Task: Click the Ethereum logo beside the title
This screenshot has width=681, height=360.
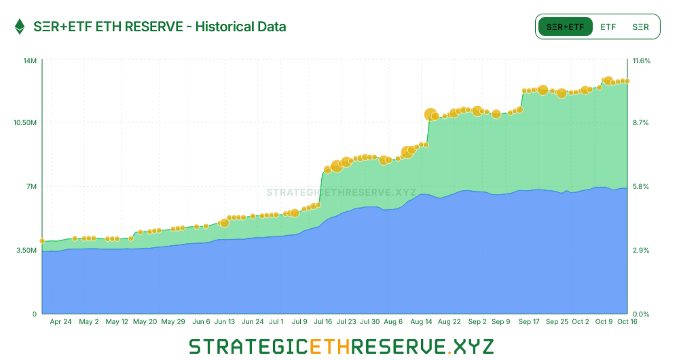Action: tap(20, 26)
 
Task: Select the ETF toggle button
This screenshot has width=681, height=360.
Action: tap(608, 27)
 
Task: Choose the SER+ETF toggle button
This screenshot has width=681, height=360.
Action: tap(565, 27)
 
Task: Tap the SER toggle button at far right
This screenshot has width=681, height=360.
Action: tap(640, 27)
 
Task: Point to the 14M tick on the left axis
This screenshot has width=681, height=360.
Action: tap(30, 60)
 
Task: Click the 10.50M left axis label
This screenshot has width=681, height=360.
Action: tap(24, 122)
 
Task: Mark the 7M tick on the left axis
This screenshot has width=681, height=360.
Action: tap(31, 186)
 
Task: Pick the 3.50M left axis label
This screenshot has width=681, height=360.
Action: tap(26, 250)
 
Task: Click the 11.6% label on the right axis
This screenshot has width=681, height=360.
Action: tap(642, 60)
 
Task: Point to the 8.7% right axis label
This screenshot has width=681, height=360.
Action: tap(640, 122)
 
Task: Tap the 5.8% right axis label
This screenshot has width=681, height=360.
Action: tap(640, 186)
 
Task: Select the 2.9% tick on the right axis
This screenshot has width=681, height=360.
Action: tap(640, 250)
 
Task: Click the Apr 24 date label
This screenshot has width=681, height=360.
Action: tap(60, 322)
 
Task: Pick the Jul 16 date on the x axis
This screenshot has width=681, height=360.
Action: tap(323, 322)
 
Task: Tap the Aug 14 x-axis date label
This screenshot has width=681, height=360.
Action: tap(421, 322)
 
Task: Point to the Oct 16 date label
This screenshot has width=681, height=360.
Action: tap(627, 322)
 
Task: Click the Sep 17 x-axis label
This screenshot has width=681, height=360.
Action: tap(529, 322)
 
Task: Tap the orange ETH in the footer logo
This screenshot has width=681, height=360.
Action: tap(329, 346)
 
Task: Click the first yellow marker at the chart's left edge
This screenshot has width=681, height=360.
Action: tap(42, 241)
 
